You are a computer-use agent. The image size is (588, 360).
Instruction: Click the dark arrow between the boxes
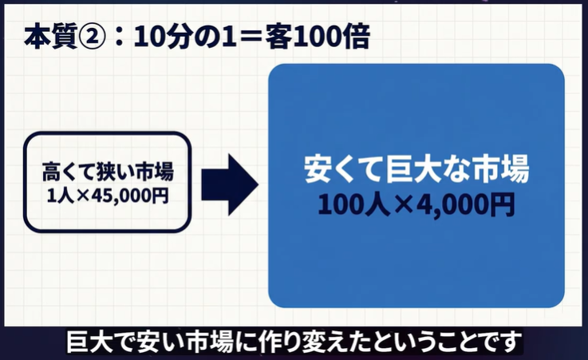(x=230, y=184)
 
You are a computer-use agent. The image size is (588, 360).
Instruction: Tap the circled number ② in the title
(x=91, y=38)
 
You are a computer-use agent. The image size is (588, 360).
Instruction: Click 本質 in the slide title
(x=50, y=38)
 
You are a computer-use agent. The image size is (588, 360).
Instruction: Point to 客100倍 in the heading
(x=318, y=38)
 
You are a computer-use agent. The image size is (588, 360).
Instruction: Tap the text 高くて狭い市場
(x=108, y=172)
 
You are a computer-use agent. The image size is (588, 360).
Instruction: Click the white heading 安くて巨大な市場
(x=416, y=169)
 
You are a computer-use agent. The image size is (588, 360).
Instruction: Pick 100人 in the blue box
(x=353, y=205)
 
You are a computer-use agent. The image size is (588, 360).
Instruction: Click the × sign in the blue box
(x=403, y=206)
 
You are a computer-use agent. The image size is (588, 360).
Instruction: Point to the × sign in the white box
(x=83, y=196)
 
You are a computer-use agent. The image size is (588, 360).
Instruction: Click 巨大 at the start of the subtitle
(x=89, y=342)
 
